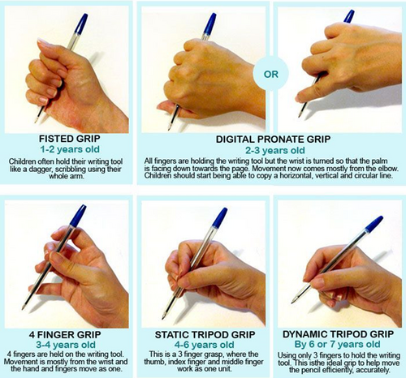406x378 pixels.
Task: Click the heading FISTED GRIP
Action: pyautogui.click(x=70, y=139)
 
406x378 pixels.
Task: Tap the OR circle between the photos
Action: pyautogui.click(x=271, y=74)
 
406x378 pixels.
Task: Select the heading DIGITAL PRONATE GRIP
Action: pyautogui.click(x=273, y=140)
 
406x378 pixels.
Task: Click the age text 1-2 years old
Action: pyautogui.click(x=70, y=149)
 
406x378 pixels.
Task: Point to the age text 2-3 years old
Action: pyautogui.click(x=275, y=150)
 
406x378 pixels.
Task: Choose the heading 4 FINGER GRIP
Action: pyautogui.click(x=65, y=334)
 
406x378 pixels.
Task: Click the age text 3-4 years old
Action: pyautogui.click(x=66, y=345)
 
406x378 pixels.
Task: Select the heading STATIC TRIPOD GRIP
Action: pyautogui.click(x=205, y=335)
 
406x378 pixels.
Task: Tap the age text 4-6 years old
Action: pyautogui.click(x=205, y=345)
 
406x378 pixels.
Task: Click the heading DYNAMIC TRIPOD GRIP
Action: pyautogui.click(x=339, y=334)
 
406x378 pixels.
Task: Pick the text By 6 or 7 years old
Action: pyautogui.click(x=338, y=345)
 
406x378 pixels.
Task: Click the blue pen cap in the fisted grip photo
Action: pyautogui.click(x=80, y=24)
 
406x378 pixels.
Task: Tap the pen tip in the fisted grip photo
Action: pyautogui.click(x=36, y=121)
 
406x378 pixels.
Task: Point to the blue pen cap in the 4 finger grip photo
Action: pyautogui.click(x=78, y=216)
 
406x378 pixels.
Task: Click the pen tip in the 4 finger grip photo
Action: pyautogui.click(x=24, y=308)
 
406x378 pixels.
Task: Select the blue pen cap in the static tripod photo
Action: pyautogui.click(x=219, y=218)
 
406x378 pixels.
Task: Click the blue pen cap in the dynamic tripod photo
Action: pyautogui.click(x=374, y=224)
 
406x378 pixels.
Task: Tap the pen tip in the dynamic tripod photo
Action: pyautogui.click(x=293, y=302)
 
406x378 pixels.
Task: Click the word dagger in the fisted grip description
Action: pyautogui.click(x=37, y=170)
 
